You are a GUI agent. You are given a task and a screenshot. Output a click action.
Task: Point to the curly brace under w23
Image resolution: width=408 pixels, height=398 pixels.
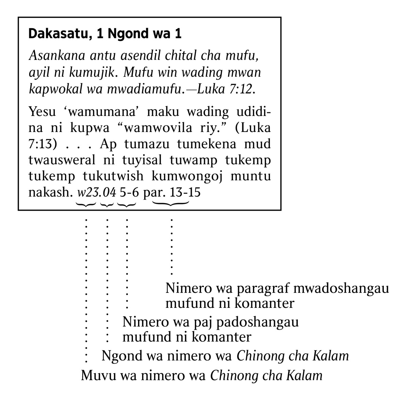86,204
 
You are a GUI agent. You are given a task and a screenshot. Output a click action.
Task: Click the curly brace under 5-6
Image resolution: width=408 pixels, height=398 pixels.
126,204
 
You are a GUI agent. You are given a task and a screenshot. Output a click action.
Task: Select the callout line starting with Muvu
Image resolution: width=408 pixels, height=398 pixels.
201,376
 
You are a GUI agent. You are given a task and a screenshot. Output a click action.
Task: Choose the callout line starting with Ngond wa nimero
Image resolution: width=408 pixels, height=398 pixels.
225,356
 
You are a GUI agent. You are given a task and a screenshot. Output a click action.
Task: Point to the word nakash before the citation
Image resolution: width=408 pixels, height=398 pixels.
50,193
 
